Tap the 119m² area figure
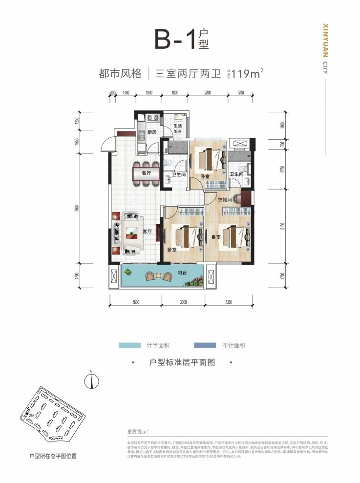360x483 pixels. pos(248,74)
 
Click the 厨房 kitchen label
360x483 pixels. pos(151,132)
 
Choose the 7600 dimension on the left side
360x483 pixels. pos(78,209)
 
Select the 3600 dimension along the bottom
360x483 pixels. pos(135,302)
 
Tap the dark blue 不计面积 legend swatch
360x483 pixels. pos(205,345)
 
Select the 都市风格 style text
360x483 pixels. pos(120,74)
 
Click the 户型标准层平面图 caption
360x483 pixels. pos(181,363)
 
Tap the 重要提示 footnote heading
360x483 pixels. pos(140,432)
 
